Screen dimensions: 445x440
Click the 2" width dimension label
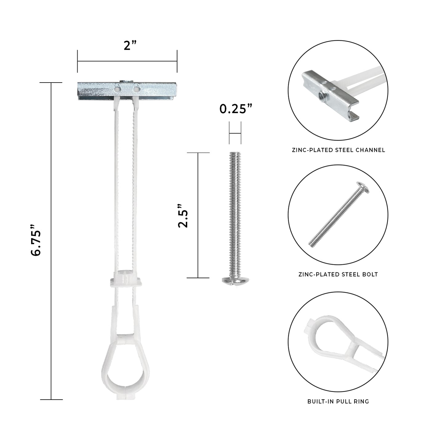(130, 45)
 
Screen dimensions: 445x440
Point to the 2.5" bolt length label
(183, 216)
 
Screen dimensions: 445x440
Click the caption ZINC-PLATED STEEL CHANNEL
(338, 150)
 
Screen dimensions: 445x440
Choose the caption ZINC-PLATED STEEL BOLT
(338, 274)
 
